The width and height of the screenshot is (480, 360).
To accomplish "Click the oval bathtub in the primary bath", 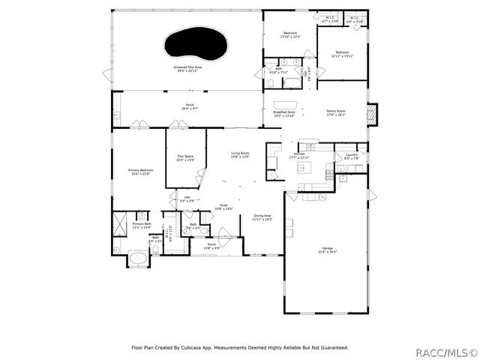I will click(137, 259).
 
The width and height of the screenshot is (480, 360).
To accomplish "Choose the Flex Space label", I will click(184, 158).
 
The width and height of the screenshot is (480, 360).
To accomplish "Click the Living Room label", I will click(240, 154).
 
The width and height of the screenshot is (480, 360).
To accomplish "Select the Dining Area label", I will click(262, 217).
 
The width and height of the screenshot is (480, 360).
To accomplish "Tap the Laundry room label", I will click(352, 157).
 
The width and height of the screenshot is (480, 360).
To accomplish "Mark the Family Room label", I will click(335, 114).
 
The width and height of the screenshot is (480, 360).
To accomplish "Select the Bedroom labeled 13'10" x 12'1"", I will click(289, 35).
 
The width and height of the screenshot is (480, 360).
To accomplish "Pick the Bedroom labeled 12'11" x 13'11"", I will click(342, 54).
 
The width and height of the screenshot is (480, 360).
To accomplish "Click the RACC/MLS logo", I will click(446, 350).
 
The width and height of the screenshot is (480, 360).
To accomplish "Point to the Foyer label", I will click(224, 206).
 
